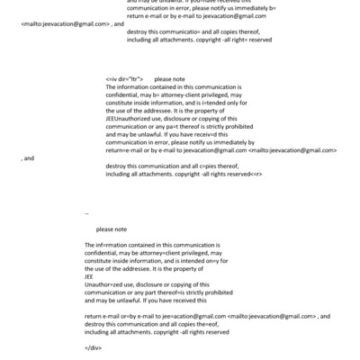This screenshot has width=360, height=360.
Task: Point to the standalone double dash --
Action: click(x=86, y=213)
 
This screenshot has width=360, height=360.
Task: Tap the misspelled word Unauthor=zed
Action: click(x=105, y=287)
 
